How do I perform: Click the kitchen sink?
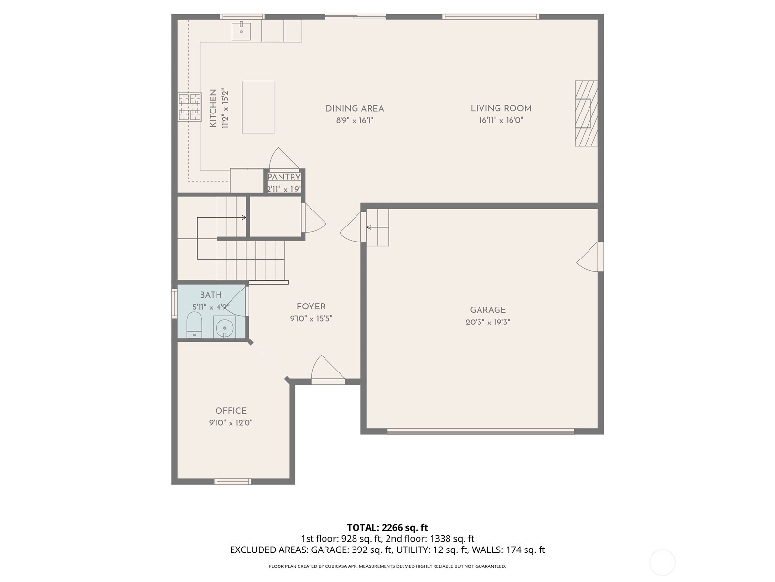click(x=241, y=31)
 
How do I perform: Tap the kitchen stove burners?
click(x=189, y=107)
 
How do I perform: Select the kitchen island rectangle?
click(x=258, y=107)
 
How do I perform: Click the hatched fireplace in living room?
click(x=586, y=113)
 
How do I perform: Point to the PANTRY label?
click(x=284, y=177)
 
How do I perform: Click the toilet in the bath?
click(x=194, y=324)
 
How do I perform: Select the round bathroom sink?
click(x=225, y=327)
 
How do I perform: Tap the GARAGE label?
click(x=487, y=310)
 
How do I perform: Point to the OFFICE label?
click(x=231, y=411)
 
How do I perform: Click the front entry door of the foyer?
click(x=327, y=371)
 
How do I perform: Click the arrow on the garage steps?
click(x=377, y=227)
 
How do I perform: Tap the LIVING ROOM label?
click(x=501, y=109)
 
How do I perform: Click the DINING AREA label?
click(x=355, y=109)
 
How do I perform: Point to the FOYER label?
click(x=311, y=307)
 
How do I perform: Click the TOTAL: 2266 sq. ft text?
click(x=387, y=527)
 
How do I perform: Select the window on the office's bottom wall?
click(x=233, y=482)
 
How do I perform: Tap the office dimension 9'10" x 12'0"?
click(x=231, y=423)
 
